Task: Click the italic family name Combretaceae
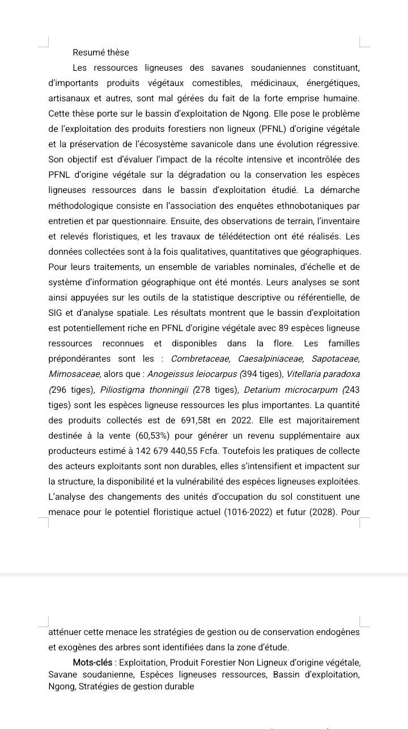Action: point(201,359)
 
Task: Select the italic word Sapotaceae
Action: point(335,359)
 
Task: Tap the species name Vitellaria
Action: point(307,374)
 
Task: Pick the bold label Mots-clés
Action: point(93,662)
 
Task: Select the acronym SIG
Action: point(56,313)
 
